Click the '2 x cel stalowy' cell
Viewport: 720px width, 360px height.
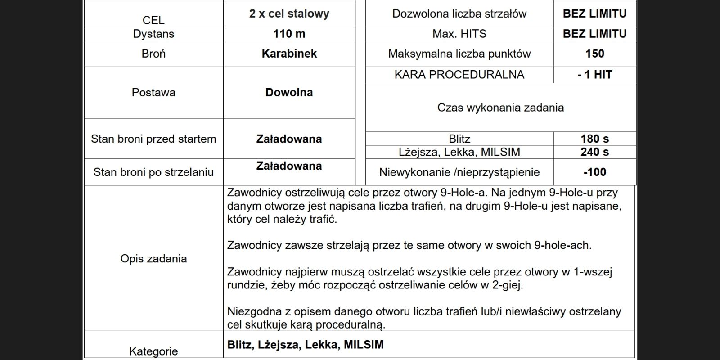[x=289, y=13]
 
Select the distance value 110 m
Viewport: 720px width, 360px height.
[x=289, y=34]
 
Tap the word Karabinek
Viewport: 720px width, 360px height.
[x=289, y=54]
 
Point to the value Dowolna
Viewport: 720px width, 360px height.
[x=289, y=92]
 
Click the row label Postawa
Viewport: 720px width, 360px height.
[x=153, y=92]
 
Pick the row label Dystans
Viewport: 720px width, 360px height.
[x=153, y=34]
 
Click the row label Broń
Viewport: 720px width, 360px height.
[x=153, y=54]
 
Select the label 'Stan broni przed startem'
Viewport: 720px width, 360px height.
[x=153, y=139]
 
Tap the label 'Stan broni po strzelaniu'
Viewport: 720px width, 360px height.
[x=153, y=172]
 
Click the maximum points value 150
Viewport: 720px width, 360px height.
[x=594, y=54]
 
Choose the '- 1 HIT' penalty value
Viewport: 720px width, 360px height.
[x=594, y=75]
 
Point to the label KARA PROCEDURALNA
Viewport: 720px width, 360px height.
[x=459, y=75]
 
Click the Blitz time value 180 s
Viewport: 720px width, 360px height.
[x=594, y=139]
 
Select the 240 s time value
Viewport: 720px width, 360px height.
[x=594, y=152]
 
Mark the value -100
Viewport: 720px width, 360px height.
[x=594, y=172]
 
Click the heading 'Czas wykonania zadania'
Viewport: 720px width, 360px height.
[x=500, y=108]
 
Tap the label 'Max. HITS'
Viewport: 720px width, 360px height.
[x=459, y=34]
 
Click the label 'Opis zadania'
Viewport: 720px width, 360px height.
[x=153, y=259]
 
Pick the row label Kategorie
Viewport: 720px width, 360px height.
[x=153, y=351]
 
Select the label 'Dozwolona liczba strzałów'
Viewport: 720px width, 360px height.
[x=459, y=13]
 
